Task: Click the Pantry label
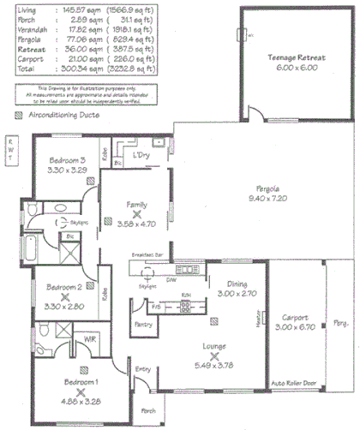pyautogui.click(x=145, y=326)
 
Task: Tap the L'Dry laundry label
pyautogui.click(x=141, y=157)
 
